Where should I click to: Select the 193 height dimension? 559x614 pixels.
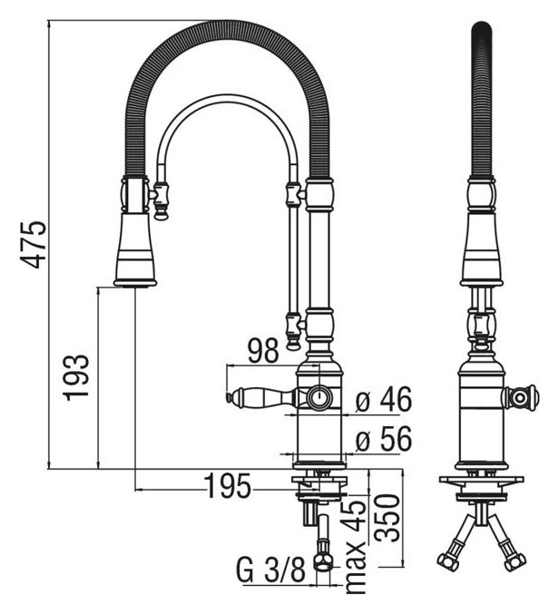(79, 375)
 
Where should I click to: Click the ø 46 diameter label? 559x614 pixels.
(384, 398)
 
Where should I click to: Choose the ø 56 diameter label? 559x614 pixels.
(384, 439)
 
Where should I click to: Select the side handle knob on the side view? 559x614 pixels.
(521, 396)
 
